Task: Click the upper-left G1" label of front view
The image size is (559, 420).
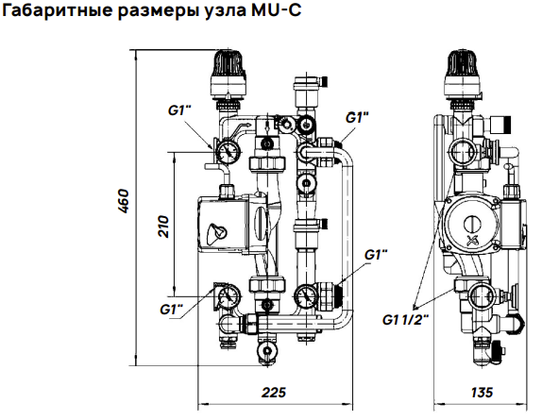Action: pos(179,110)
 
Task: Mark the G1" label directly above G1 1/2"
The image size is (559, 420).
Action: pos(376,255)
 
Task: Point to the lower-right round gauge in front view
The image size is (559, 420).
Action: pos(304,299)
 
